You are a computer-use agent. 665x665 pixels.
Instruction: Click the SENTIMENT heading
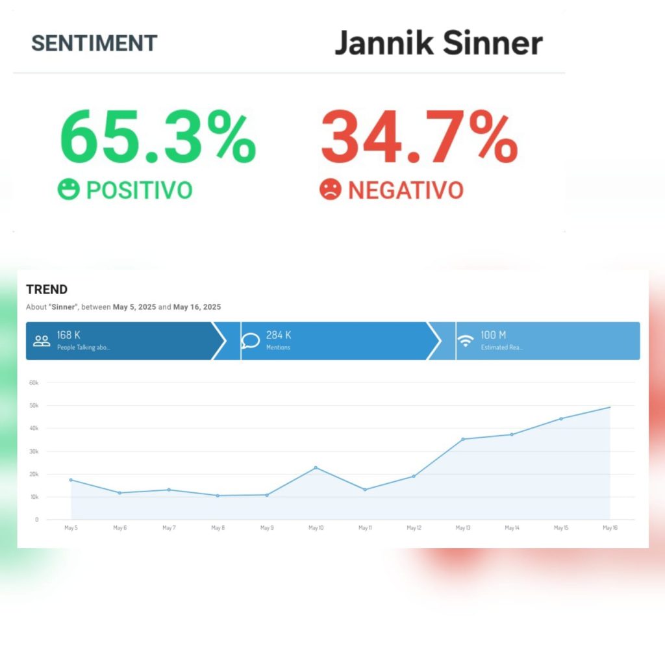click(94, 43)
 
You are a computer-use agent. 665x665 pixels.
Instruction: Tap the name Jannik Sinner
click(438, 43)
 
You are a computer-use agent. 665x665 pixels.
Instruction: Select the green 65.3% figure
click(158, 138)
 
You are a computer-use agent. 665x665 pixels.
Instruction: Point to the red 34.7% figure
click(419, 138)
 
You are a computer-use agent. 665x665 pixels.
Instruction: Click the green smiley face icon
click(68, 190)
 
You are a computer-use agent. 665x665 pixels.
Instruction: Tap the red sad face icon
click(330, 190)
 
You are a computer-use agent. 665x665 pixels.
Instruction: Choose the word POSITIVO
click(140, 190)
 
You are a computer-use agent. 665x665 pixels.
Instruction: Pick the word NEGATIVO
click(406, 190)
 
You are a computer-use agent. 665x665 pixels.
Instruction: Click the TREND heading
click(47, 290)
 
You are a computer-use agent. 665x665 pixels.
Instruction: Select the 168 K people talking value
click(69, 335)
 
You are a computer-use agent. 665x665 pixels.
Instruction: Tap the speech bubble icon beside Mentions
click(251, 340)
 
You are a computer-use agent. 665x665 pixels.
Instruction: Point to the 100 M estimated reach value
click(494, 335)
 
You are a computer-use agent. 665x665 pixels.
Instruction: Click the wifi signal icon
click(466, 340)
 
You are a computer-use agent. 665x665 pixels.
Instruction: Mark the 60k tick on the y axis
click(34, 383)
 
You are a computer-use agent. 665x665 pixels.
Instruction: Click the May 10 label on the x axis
click(316, 528)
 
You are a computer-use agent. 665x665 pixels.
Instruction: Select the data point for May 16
click(610, 407)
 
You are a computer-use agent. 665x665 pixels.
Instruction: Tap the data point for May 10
click(316, 468)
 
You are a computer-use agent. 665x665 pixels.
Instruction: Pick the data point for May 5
click(71, 480)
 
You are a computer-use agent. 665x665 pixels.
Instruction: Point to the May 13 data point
click(463, 439)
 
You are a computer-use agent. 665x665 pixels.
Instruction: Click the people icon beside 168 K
click(42, 340)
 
